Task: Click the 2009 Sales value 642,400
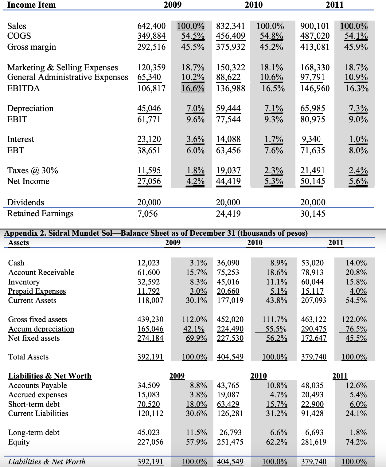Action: pos(151,26)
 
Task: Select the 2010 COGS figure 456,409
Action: pos(231,36)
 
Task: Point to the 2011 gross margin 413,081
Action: pos(315,47)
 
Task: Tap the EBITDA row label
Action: pos(24,88)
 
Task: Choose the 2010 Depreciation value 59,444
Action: pos(228,108)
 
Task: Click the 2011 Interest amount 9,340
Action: pos(312,139)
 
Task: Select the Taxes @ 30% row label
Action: pos(33,171)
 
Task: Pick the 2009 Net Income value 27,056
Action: pos(149,181)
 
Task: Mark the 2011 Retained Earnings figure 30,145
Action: pos(313,214)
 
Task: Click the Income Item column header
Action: pos(31,5)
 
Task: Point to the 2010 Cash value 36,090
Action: pos(228,263)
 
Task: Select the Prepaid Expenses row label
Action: pos(37,291)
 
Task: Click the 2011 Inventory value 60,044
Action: pos(312,282)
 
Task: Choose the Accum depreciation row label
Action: pos(41,329)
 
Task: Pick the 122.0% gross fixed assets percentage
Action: pos(354,320)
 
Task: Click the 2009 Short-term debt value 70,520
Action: pos(149,404)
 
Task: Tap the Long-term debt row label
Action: pos(34,432)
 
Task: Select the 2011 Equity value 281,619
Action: pos(314,442)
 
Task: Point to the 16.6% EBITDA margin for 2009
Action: pos(193,88)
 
